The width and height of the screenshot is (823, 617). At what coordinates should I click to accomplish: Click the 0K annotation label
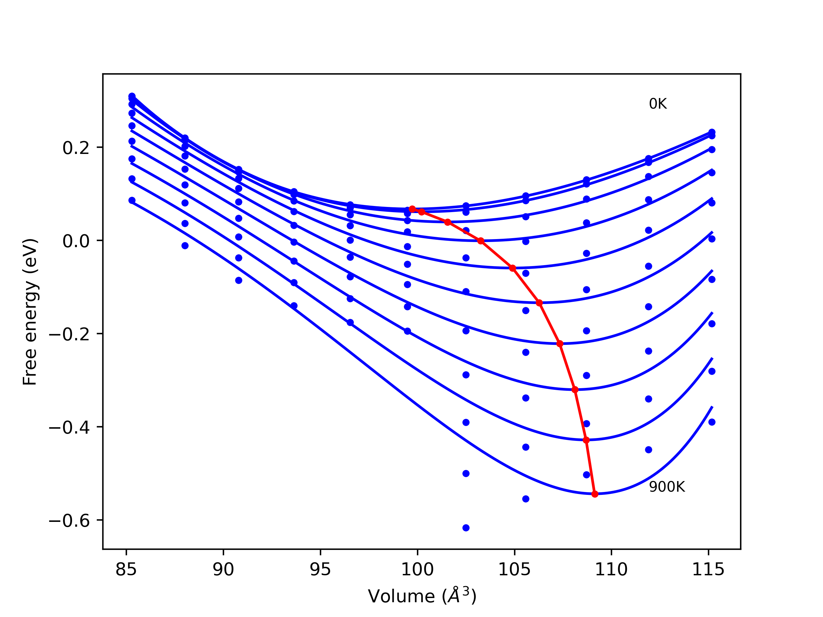pos(657,104)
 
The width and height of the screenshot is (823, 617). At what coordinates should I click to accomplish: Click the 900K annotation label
pos(667,487)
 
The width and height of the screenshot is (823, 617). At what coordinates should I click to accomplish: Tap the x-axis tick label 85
pos(126,569)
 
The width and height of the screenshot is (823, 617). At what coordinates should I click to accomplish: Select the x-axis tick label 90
pos(223,569)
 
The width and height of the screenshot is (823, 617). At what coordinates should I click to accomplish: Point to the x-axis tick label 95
pos(320,569)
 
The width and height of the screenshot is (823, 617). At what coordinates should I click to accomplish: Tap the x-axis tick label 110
pos(611,569)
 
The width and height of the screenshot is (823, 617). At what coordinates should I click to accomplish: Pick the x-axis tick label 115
pos(708,569)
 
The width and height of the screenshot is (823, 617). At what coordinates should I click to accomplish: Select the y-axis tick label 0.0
pos(76,241)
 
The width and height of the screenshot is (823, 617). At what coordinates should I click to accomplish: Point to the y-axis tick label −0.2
pos(69,334)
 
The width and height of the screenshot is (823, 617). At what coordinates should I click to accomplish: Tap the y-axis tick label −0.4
pos(69,428)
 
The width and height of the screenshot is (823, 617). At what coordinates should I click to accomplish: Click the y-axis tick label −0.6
pos(69,521)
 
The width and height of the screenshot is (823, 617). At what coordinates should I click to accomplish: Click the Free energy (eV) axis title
pos(30,312)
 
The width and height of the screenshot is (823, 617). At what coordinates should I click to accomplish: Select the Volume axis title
pos(422,596)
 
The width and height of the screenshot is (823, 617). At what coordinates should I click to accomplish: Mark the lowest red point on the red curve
pos(594,494)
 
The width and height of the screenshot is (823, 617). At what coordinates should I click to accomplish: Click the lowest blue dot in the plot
pos(466,528)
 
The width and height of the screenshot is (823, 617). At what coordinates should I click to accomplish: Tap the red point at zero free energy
pos(481,241)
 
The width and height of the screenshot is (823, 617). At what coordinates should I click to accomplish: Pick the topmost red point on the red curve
pos(412,209)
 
